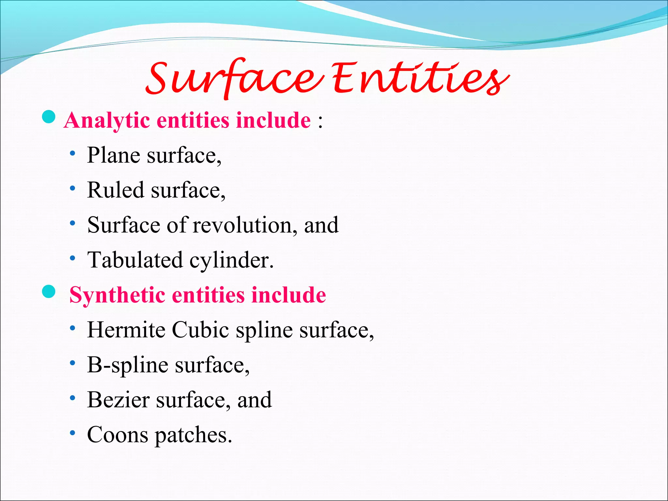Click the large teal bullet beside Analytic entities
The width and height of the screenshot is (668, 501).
tap(49, 117)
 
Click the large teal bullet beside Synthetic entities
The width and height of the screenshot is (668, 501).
tap(49, 291)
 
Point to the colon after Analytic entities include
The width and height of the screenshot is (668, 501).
tap(320, 121)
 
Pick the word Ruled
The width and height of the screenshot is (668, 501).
tap(115, 190)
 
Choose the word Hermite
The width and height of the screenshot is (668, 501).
tap(126, 330)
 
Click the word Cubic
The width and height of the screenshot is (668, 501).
tap(200, 330)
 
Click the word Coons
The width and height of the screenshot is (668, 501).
tap(117, 435)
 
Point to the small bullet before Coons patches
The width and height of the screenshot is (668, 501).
tap(73, 433)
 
